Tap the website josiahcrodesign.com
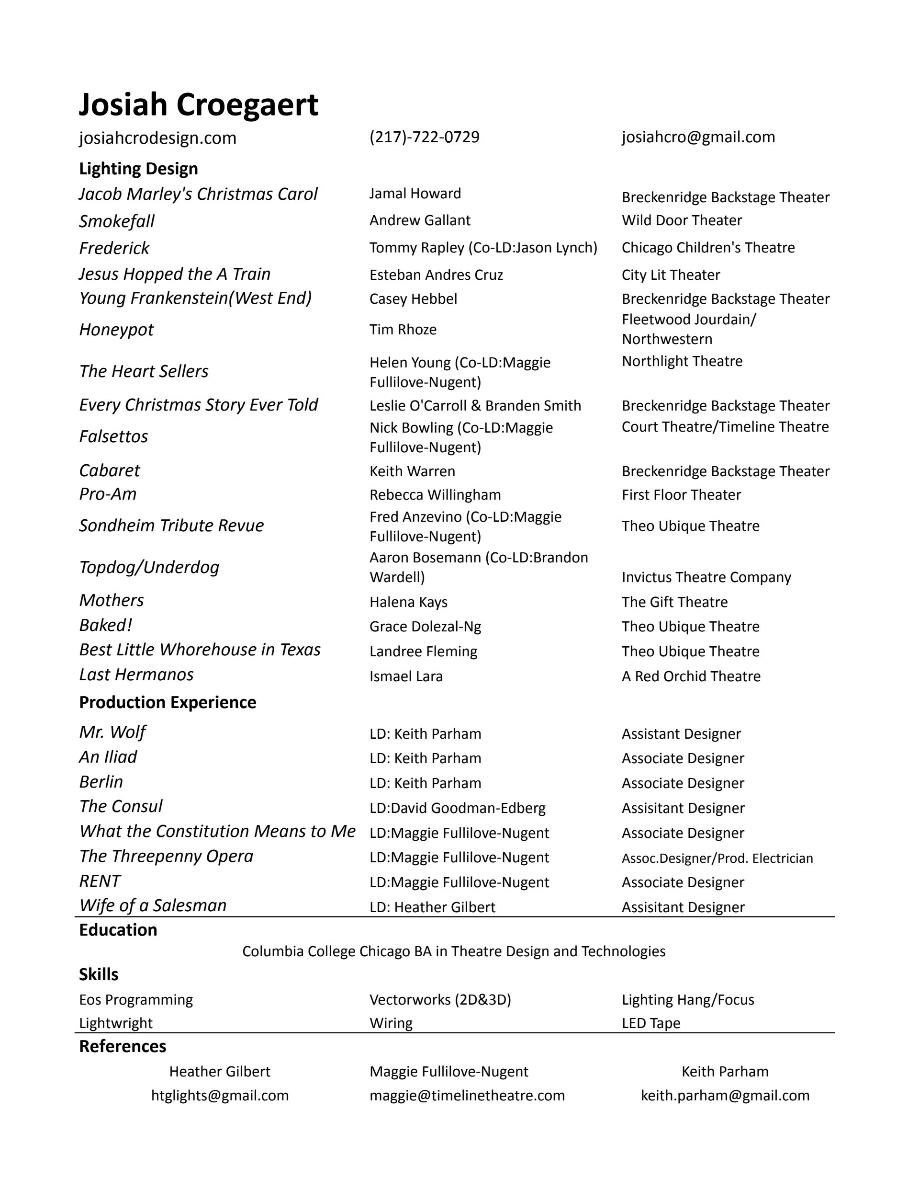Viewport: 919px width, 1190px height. (x=157, y=138)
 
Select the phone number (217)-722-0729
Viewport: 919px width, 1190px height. (x=424, y=137)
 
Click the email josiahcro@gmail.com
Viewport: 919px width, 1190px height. (x=698, y=137)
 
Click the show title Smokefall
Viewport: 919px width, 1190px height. (x=116, y=221)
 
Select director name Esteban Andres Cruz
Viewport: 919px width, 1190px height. (x=436, y=275)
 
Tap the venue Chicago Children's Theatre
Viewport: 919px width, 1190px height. (x=708, y=247)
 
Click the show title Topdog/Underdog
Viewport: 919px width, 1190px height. (x=149, y=567)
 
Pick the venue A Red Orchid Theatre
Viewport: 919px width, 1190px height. (x=691, y=676)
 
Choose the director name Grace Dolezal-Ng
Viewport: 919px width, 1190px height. (x=425, y=627)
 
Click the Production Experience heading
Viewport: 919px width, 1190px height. (x=167, y=702)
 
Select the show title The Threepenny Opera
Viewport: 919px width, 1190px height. (x=166, y=857)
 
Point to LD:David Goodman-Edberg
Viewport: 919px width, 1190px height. (x=457, y=808)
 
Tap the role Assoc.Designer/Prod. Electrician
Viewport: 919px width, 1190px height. (x=717, y=858)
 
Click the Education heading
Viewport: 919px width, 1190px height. (x=118, y=930)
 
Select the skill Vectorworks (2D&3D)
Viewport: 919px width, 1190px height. (x=440, y=1000)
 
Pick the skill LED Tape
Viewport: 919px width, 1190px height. (x=650, y=1023)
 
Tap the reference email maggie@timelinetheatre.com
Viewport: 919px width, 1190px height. (x=467, y=1096)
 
